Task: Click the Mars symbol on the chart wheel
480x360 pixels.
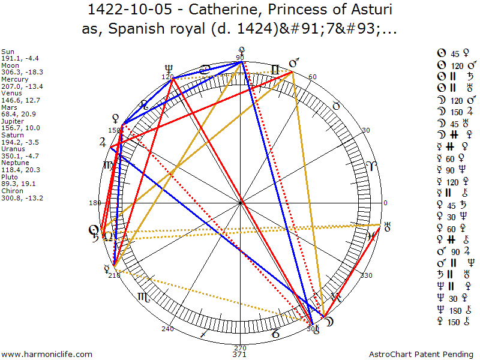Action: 294,62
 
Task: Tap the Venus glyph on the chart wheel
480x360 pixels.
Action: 115,118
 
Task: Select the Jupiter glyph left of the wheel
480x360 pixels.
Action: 103,143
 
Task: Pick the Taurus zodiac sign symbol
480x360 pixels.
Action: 337,106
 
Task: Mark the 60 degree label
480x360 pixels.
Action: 312,77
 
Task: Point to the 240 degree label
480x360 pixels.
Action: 167,329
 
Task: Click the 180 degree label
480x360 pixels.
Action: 94,203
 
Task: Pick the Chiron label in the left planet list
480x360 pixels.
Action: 11,190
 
